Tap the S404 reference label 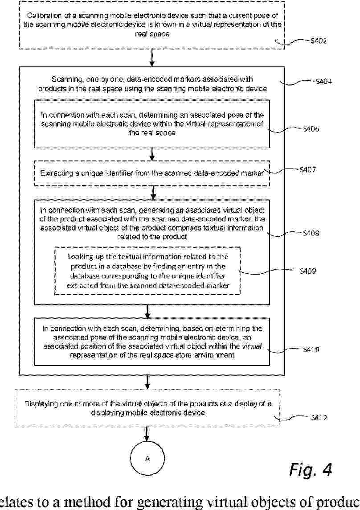[x=323, y=82]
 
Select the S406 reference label [x=311, y=128]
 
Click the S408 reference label [x=311, y=233]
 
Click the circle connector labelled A [x=147, y=458]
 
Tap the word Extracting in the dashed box [x=55, y=173]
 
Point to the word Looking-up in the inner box [x=84, y=257]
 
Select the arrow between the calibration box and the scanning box [x=152, y=57]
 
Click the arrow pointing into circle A [x=147, y=435]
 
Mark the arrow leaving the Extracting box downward [x=153, y=192]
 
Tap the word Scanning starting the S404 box [x=65, y=79]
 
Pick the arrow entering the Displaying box [x=147, y=382]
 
